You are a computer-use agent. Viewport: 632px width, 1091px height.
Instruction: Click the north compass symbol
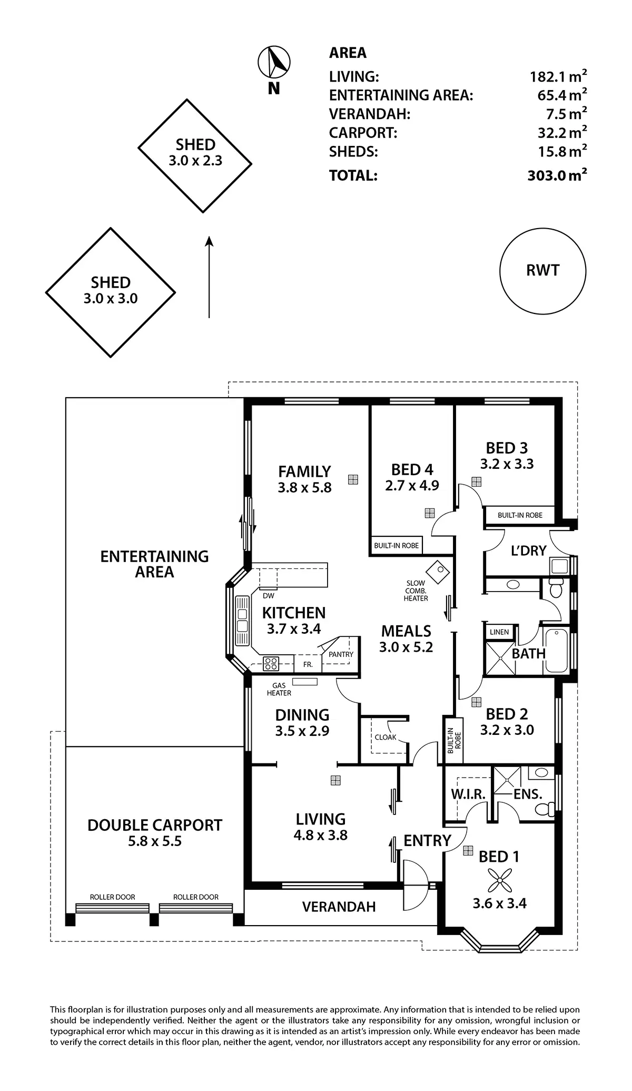(274, 62)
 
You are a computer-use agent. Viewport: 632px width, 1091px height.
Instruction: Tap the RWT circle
(542, 271)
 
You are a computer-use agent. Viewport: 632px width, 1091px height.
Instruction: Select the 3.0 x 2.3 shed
(195, 155)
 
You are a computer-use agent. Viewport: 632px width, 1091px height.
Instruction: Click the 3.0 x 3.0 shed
(111, 292)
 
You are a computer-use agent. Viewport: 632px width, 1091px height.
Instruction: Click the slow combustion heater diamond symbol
(436, 570)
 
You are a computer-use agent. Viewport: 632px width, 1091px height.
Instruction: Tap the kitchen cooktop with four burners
(271, 663)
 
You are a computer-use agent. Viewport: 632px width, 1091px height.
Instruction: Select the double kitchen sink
(242, 621)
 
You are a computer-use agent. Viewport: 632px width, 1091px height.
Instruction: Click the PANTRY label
(341, 654)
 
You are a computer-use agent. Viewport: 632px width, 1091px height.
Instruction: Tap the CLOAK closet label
(386, 737)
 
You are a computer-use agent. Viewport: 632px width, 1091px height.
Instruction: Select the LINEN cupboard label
(499, 632)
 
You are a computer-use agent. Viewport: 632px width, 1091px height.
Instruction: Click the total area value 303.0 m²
(557, 175)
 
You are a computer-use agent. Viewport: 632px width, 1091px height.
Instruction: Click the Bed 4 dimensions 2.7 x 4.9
(412, 485)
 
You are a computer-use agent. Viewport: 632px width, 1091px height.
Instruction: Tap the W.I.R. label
(468, 794)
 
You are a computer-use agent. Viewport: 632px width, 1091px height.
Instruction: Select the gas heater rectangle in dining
(305, 682)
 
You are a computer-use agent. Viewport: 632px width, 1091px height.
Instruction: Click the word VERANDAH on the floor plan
(339, 907)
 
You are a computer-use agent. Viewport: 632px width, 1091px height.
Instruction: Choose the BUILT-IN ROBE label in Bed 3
(520, 515)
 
